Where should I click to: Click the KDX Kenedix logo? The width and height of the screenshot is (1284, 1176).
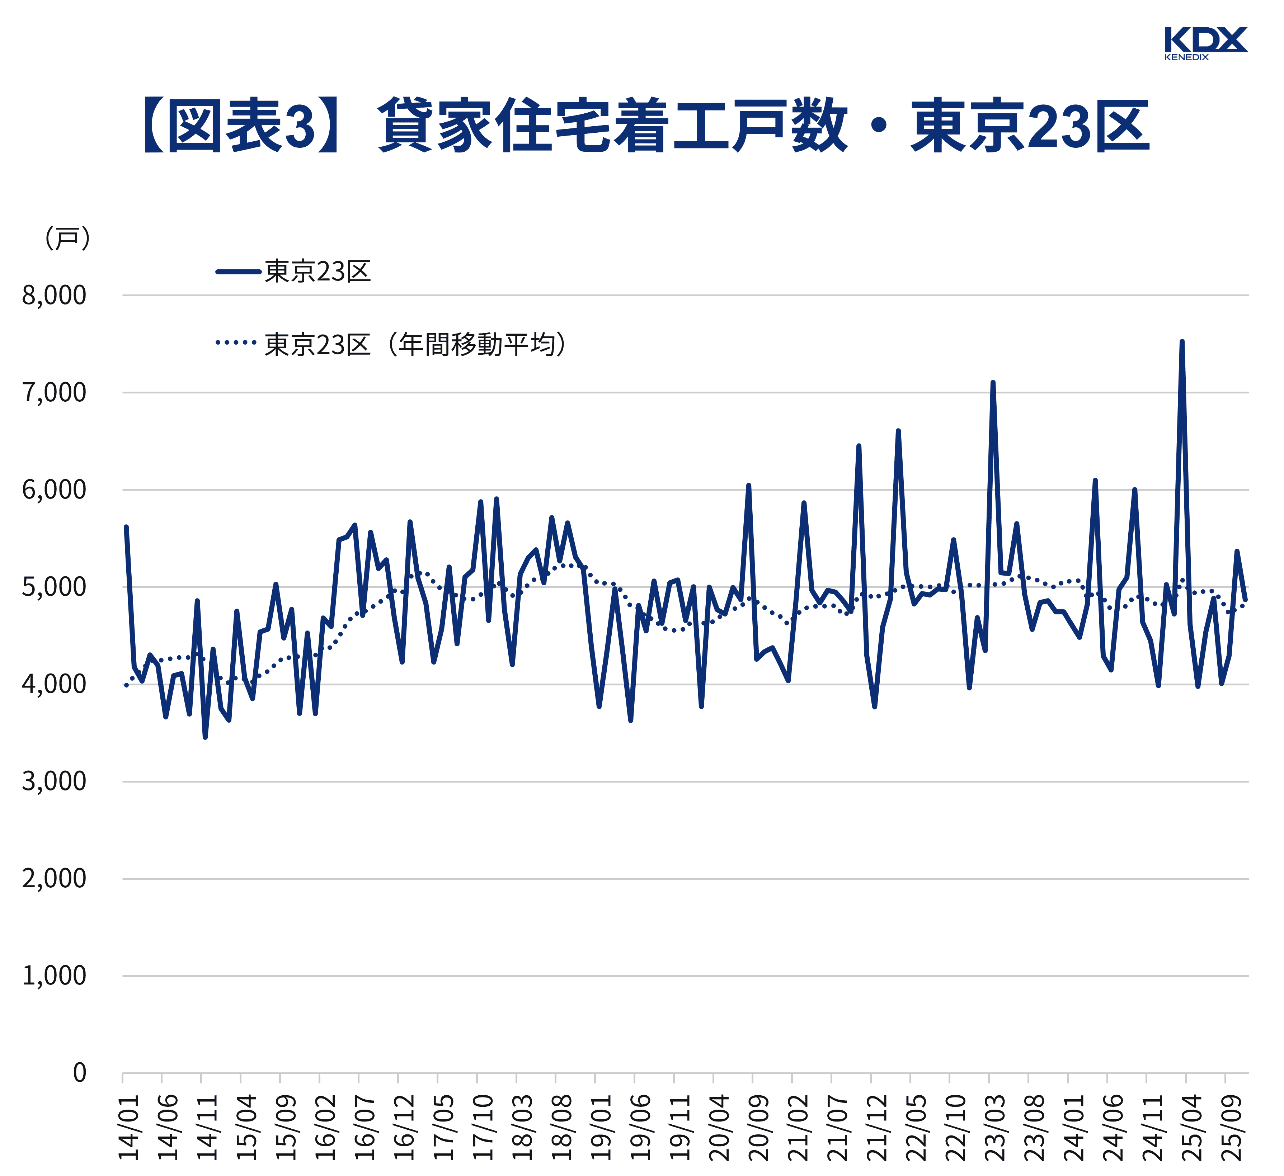click(1205, 43)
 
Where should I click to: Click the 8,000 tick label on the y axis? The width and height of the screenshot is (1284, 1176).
click(54, 296)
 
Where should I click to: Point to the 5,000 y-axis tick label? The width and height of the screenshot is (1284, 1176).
click(54, 587)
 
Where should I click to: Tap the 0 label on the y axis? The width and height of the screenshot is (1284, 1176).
click(80, 1073)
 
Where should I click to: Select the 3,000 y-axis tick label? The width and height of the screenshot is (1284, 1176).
click(54, 781)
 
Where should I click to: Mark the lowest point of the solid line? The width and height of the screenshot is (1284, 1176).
click(205, 737)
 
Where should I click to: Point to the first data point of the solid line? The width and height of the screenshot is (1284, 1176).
click(126, 527)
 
